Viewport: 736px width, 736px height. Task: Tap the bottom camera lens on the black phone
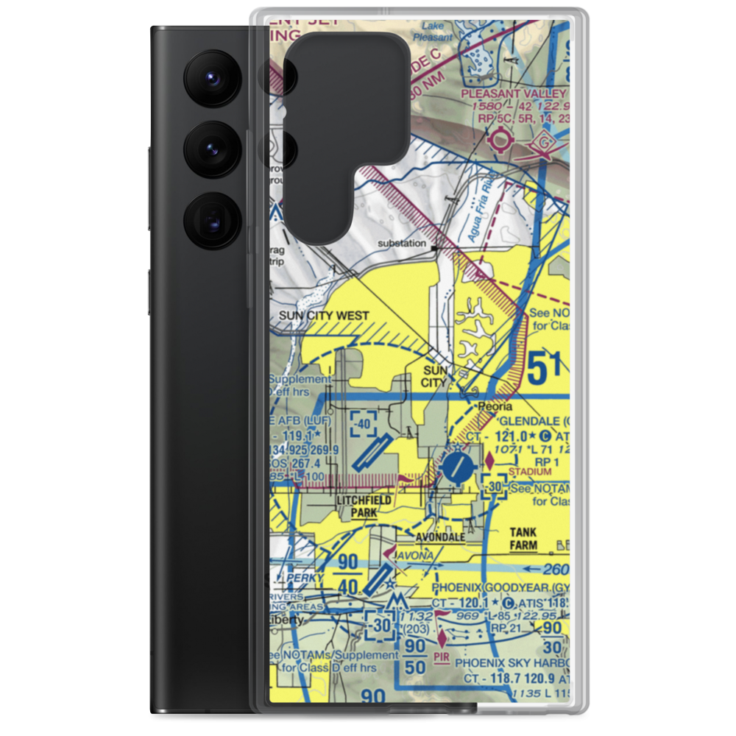pos(210,220)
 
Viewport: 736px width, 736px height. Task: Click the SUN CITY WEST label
pos(324,316)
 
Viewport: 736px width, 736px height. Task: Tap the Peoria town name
pos(493,406)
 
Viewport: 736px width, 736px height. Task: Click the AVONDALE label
pos(439,537)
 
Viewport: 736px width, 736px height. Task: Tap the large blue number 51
pos(547,369)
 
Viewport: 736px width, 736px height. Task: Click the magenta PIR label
pos(441,653)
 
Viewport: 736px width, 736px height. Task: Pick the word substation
pos(402,243)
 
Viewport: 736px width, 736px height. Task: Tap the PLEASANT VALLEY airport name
pos(513,93)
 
